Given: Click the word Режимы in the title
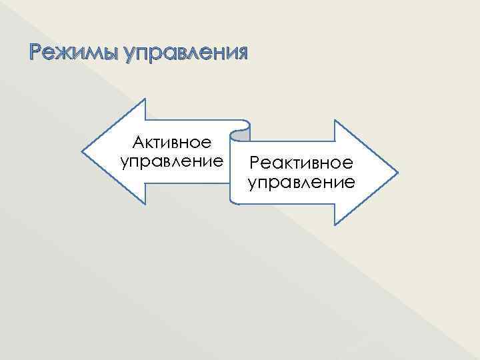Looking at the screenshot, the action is (61, 53).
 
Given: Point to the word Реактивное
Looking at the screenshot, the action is (301, 163).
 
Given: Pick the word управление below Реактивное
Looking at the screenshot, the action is (301, 182).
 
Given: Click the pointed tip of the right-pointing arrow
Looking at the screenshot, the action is (397, 172).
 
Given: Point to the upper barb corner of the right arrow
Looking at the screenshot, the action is (334, 121).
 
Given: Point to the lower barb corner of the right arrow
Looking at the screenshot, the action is (334, 223).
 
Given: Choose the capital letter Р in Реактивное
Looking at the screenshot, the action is (255, 163).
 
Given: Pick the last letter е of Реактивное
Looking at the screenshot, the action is (349, 163).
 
